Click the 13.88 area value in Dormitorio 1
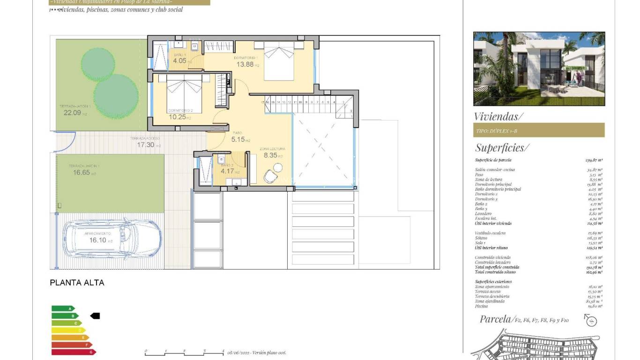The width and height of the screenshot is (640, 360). click(244, 65)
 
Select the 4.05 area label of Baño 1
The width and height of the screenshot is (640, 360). click(179, 60)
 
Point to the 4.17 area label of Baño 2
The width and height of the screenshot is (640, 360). click(227, 171)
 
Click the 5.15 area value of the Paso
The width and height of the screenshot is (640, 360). click(238, 139)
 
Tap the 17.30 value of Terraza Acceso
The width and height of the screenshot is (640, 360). click(145, 145)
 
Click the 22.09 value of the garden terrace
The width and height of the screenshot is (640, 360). click(72, 112)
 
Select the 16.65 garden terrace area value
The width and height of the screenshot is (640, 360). click(81, 172)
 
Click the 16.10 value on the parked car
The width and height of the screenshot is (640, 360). click(98, 240)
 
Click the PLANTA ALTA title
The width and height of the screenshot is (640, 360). click(77, 283)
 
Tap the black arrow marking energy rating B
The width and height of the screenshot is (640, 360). click(95, 316)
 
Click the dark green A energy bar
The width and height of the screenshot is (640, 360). click(63, 308)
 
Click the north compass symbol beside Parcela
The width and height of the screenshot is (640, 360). click(591, 321)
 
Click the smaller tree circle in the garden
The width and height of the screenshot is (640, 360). click(98, 63)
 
